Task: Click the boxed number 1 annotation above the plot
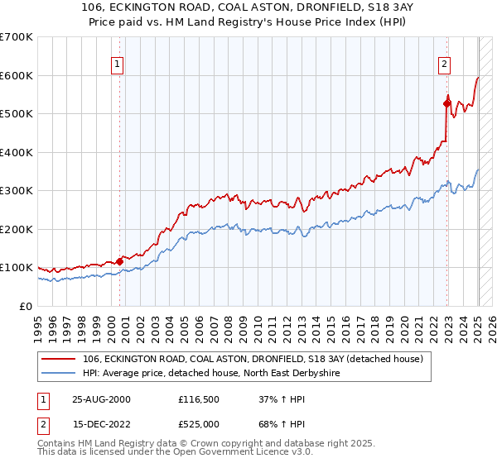pyautogui.click(x=117, y=64)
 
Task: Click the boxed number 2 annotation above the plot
pyautogui.click(x=444, y=64)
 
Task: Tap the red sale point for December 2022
pyautogui.click(x=446, y=103)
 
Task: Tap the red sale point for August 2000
pyautogui.click(x=119, y=261)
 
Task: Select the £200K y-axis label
pyautogui.click(x=16, y=229)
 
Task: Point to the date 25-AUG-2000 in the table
pyautogui.click(x=101, y=399)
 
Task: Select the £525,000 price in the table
pyautogui.click(x=201, y=423)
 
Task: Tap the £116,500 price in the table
pyautogui.click(x=201, y=399)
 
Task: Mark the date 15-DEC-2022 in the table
pyautogui.click(x=101, y=423)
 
